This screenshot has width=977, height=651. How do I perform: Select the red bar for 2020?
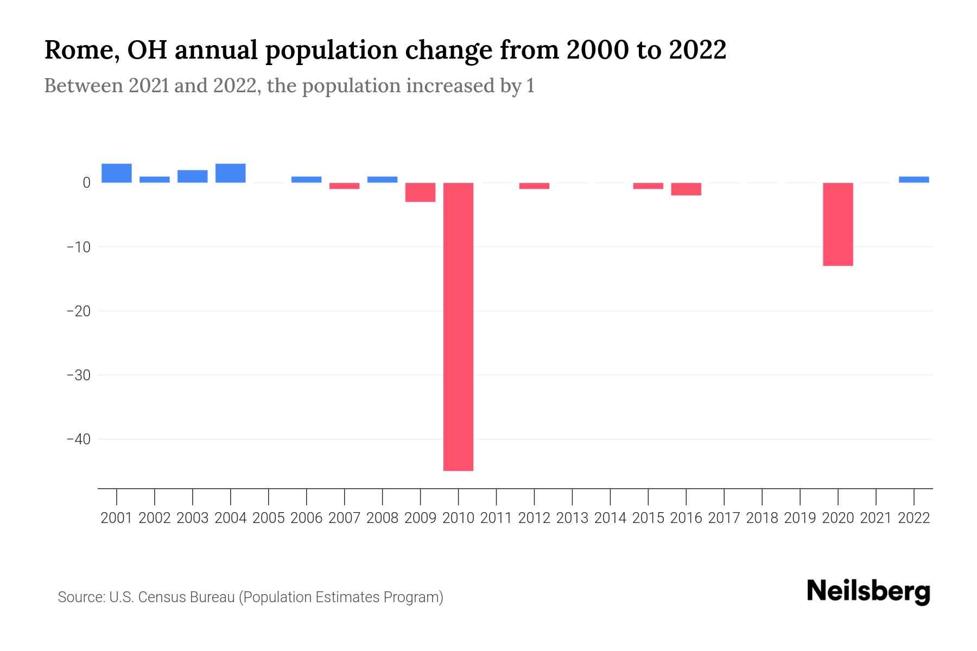(838, 224)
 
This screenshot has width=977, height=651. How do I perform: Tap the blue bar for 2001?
(117, 173)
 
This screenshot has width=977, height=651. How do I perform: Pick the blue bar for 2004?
(230, 173)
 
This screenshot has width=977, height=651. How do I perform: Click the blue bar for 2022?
(913, 180)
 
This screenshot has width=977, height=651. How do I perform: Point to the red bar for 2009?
(420, 192)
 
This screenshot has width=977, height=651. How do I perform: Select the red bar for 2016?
(686, 189)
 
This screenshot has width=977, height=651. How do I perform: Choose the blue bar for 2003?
(192, 176)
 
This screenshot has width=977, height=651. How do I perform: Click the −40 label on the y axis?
(78, 439)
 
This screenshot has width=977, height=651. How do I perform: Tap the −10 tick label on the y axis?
(78, 247)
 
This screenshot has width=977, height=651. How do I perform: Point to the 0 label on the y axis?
(86, 183)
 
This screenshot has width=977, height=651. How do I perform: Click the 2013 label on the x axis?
(572, 518)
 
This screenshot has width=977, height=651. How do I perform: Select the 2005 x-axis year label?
(269, 518)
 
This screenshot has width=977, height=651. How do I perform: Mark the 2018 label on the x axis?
(762, 518)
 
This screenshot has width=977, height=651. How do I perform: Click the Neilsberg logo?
(868, 591)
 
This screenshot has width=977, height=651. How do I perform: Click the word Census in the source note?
(158, 597)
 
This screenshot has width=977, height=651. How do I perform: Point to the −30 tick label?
(78, 375)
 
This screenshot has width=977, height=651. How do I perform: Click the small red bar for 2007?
(344, 186)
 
